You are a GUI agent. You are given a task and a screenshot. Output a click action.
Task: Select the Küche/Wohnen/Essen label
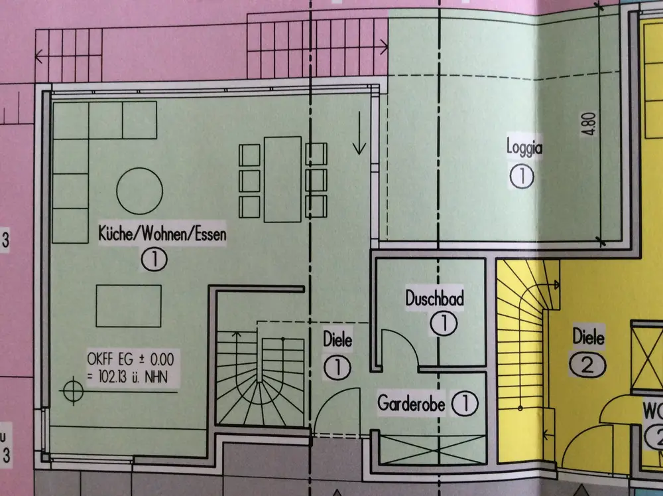pyautogui.click(x=162, y=234)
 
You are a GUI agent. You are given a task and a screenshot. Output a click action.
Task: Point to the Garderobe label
pyautogui.click(x=413, y=402)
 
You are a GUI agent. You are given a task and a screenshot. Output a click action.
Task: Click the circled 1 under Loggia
pyautogui.click(x=522, y=177)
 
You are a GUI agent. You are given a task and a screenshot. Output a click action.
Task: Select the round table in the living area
pyautogui.click(x=139, y=191)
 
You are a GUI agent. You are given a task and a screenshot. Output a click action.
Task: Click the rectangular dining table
pyautogui.click(x=282, y=179)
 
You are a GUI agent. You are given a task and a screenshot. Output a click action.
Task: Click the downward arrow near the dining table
pyautogui.click(x=359, y=133)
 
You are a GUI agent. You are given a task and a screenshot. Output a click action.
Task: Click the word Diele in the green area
pyautogui.click(x=337, y=341)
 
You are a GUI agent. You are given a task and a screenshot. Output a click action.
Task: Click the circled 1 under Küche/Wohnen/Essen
pyautogui.click(x=154, y=260)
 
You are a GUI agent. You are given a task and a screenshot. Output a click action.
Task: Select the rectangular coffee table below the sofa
pyautogui.click(x=129, y=306)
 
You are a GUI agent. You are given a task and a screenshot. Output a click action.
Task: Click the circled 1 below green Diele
pyautogui.click(x=337, y=367)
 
